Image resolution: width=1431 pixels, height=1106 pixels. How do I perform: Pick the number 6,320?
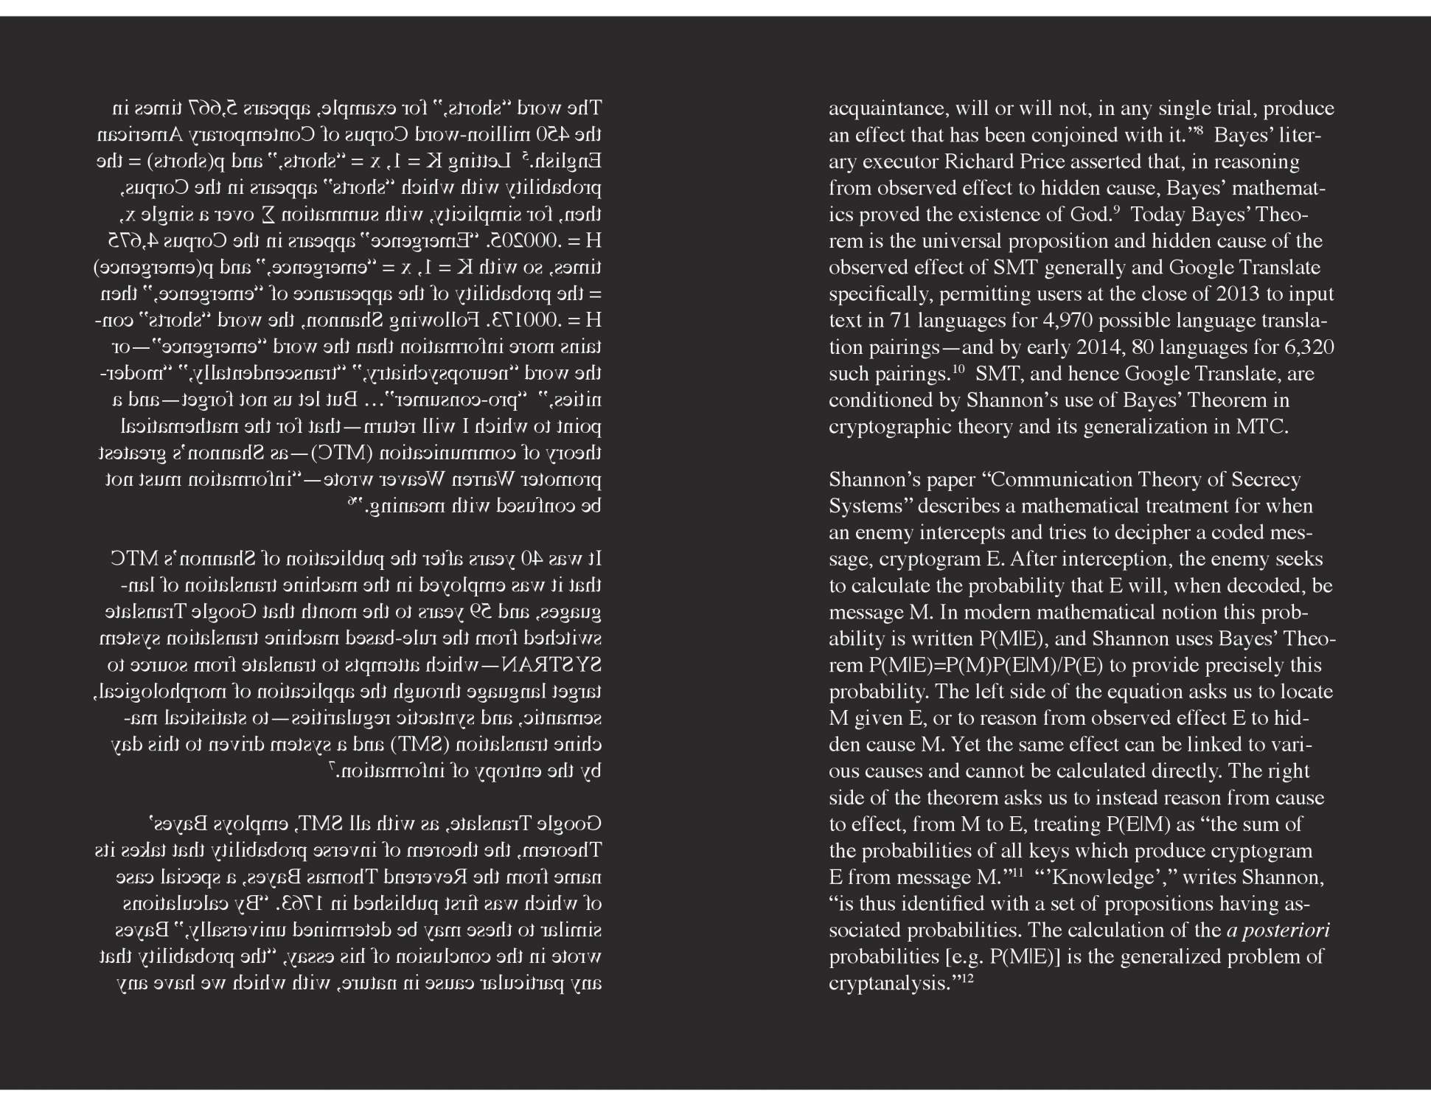(x=1308, y=347)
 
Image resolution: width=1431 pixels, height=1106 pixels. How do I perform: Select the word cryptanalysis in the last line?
(x=887, y=984)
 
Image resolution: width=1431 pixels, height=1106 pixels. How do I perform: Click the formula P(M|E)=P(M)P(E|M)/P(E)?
(x=986, y=666)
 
